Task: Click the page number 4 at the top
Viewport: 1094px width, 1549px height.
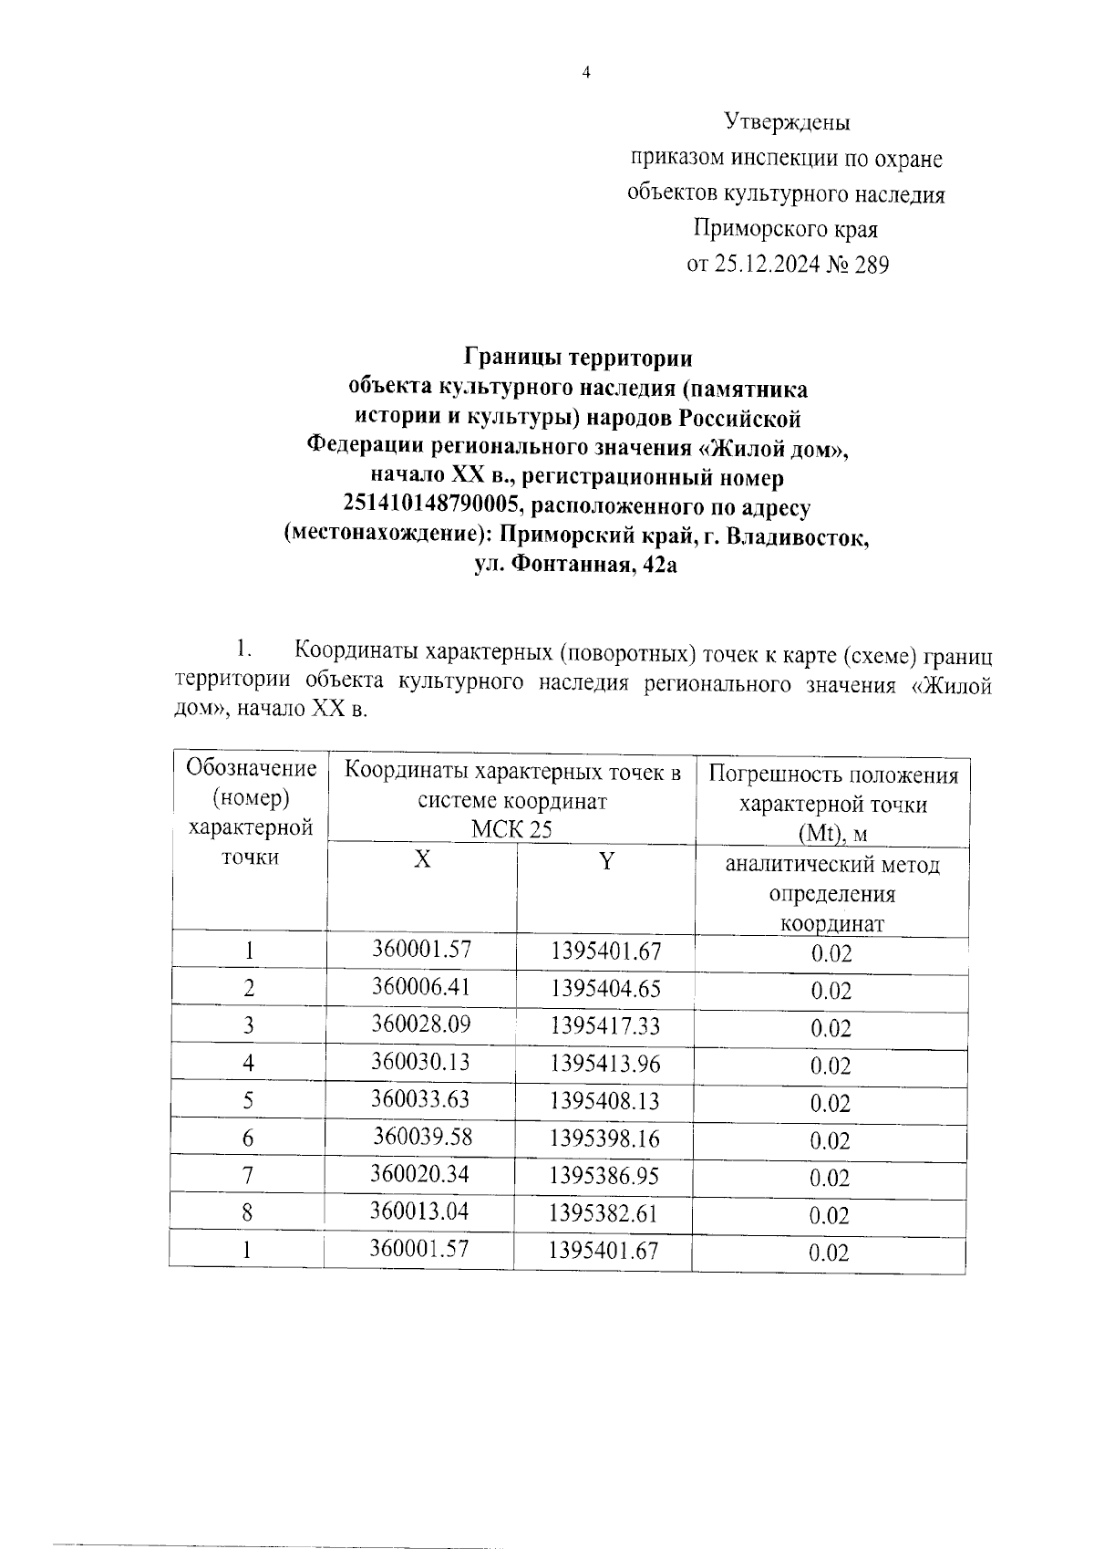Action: point(586,74)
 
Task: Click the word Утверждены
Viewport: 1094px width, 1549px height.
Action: point(787,121)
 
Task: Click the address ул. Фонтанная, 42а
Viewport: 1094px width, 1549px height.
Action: point(576,566)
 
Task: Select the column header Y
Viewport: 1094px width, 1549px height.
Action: point(606,860)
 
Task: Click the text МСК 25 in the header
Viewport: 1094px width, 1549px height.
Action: point(511,828)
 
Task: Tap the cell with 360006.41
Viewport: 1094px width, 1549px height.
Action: point(420,986)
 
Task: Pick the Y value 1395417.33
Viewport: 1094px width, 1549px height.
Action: point(604,1026)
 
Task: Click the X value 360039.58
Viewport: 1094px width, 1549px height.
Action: point(422,1137)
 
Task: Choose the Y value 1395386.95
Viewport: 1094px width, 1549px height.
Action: point(604,1176)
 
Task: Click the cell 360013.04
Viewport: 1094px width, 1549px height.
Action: point(419,1211)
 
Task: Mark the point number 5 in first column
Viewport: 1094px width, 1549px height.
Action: point(248,1101)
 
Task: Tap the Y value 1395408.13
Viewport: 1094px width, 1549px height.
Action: point(604,1101)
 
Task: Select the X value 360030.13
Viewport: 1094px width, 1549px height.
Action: point(420,1062)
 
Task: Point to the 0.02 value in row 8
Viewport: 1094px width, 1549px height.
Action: point(830,1215)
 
